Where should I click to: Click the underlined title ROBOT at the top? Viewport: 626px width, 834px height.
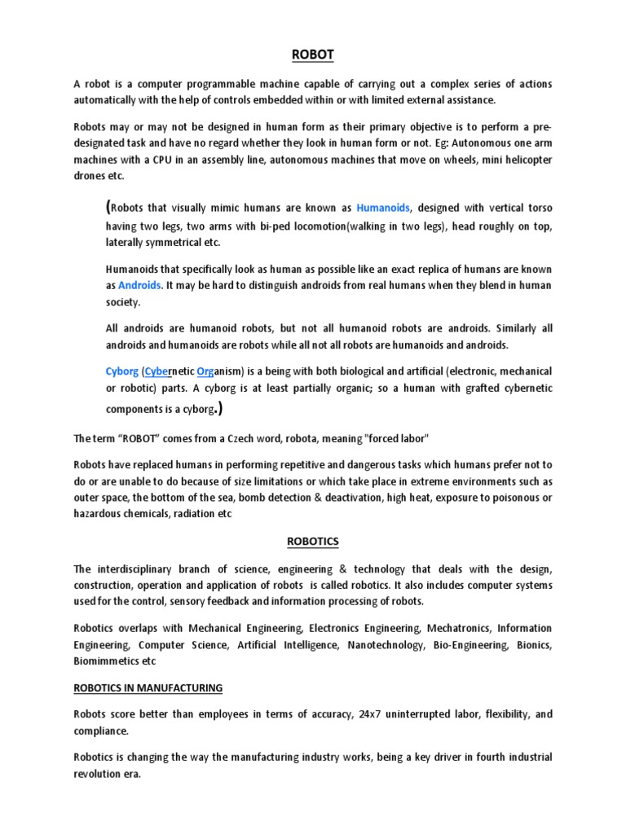313,55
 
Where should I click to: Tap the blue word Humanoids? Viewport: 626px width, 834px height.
384,207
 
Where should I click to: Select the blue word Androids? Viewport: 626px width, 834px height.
139,286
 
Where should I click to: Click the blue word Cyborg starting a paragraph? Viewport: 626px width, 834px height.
122,371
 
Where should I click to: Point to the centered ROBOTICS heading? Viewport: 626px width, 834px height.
312,540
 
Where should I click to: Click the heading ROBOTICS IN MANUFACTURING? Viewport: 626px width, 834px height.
148,688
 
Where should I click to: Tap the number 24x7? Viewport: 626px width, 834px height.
370,714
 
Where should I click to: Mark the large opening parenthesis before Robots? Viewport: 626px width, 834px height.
109,206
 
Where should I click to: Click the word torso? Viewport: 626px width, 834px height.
537,207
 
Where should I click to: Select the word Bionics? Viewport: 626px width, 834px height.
534,645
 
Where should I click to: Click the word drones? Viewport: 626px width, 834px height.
90,177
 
